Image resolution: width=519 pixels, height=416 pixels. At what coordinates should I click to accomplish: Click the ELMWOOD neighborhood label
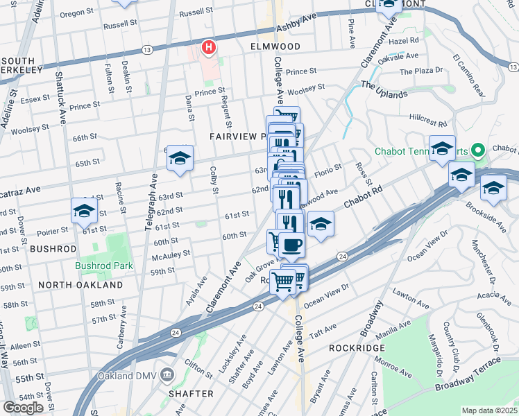[275, 46]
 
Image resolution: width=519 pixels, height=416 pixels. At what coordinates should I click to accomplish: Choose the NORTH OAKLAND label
[80, 285]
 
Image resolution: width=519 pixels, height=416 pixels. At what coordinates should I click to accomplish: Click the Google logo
[23, 407]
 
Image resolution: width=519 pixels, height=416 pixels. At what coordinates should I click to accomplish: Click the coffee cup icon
[291, 245]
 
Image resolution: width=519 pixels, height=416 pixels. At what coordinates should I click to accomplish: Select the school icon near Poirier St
[84, 211]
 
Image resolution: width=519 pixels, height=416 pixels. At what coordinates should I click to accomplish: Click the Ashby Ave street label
[296, 23]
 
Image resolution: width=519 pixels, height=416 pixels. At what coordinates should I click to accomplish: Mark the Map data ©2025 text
[490, 410]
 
